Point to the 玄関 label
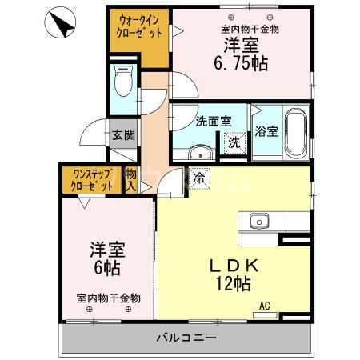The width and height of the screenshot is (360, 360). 122,135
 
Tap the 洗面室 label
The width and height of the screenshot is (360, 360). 214,122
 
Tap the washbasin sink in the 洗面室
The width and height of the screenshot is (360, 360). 200,152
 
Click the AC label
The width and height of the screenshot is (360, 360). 265,306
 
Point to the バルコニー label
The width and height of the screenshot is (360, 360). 186,338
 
